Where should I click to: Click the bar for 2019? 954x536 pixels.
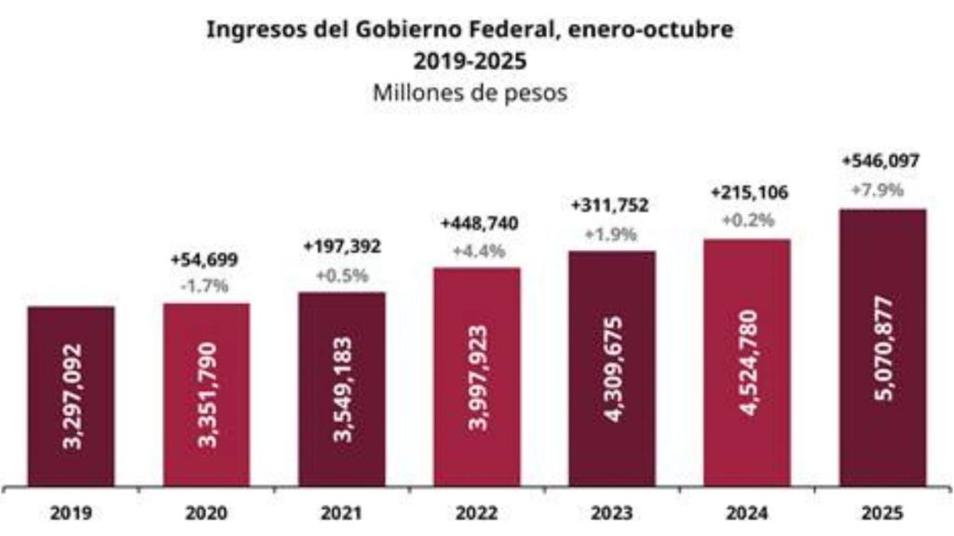[71, 395]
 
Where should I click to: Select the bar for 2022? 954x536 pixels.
[477, 376]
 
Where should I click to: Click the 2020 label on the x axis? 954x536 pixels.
[206, 512]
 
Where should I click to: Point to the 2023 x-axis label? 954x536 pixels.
[612, 512]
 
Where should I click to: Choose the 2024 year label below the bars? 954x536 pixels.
[747, 512]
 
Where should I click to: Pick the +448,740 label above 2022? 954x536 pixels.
[477, 223]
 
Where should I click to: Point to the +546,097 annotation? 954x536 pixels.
[880, 161]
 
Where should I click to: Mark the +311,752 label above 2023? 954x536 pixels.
[612, 206]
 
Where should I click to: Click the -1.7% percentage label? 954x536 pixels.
[206, 285]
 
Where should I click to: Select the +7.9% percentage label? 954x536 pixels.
[880, 191]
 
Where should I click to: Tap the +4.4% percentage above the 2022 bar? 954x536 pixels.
[477, 250]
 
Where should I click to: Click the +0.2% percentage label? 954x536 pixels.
[748, 221]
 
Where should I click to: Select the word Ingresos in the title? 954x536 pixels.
[246, 30]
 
